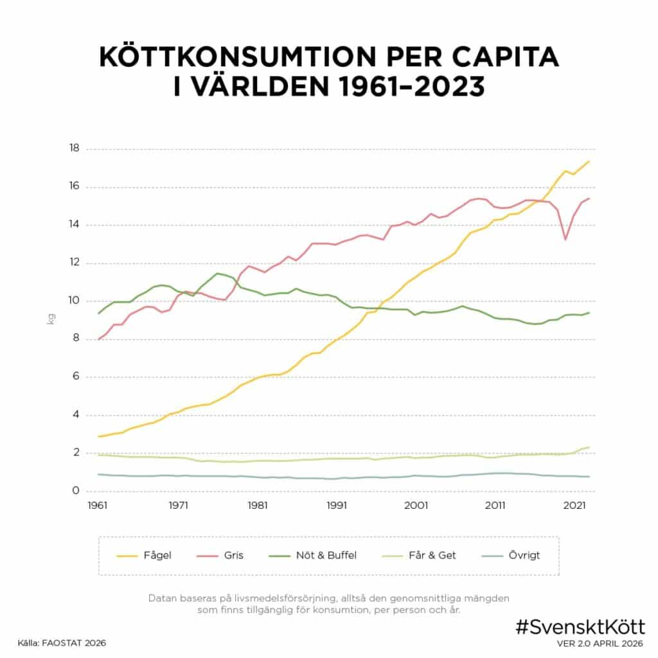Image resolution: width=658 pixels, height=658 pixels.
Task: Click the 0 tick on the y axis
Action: [75, 491]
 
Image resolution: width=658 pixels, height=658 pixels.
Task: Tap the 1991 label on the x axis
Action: [336, 505]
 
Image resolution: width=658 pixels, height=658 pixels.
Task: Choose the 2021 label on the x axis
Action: [574, 505]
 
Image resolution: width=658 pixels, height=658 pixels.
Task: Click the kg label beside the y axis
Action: [51, 319]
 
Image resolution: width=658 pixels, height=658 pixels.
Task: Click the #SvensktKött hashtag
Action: [580, 627]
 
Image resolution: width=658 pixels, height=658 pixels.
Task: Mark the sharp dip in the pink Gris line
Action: [565, 239]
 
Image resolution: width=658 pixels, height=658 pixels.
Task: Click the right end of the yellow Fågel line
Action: [589, 161]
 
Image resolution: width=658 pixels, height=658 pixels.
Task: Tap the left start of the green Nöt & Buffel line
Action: [98, 313]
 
